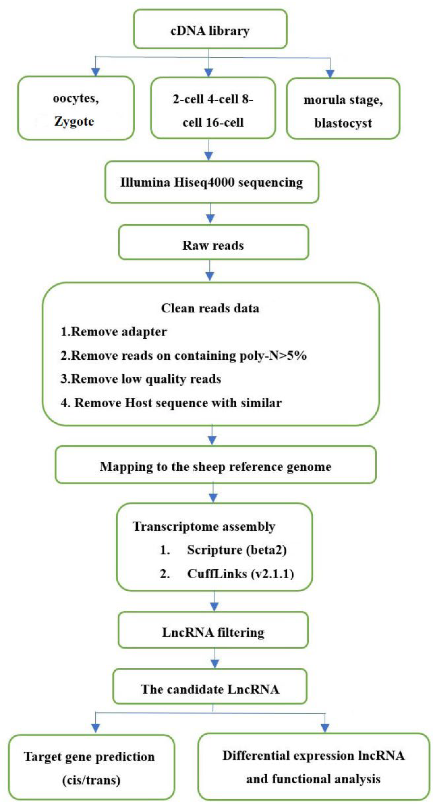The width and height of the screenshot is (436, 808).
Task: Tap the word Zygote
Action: [74, 121]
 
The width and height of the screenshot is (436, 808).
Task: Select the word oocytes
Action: [76, 98]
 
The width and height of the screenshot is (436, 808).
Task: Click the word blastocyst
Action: [343, 123]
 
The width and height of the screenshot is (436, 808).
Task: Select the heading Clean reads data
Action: [210, 308]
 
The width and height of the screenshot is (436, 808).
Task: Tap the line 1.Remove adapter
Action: [114, 332]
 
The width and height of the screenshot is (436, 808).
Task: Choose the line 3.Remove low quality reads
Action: [141, 379]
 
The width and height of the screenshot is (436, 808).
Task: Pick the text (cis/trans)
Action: [91, 780]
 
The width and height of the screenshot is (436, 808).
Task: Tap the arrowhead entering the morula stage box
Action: [330, 74]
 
